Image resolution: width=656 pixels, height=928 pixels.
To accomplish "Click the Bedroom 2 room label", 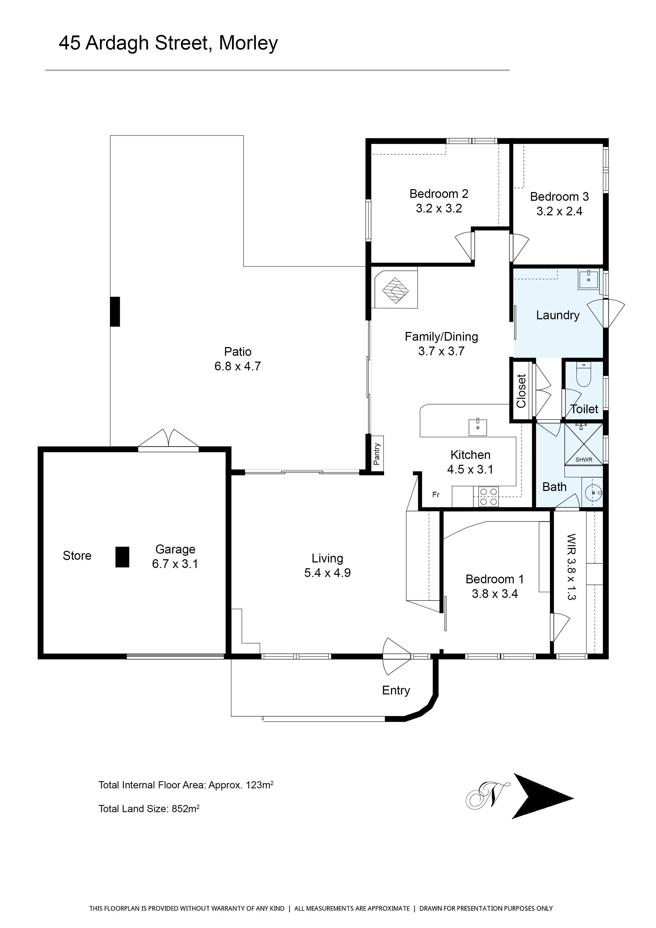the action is point(439,194).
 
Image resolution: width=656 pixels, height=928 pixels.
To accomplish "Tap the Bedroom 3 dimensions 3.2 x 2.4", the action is point(559,211).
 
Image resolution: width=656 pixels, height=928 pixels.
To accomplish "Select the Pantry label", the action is point(377,454).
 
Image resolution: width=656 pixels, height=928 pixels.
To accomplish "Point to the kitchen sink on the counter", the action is point(478,427).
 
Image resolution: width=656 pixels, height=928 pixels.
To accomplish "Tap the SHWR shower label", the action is point(584,460).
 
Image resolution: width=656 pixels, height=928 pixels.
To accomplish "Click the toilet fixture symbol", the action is point(583,374).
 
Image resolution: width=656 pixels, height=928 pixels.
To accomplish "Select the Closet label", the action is point(521,391).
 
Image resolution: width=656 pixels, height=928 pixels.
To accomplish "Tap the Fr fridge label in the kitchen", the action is point(436,495).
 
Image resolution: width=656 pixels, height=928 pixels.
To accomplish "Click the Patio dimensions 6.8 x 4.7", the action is point(238,366).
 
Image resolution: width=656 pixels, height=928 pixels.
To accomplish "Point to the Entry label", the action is point(396,690).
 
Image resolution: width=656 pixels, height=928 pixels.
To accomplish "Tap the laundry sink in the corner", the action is point(589,280).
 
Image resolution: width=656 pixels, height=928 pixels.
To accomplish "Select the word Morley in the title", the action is point(248,43).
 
